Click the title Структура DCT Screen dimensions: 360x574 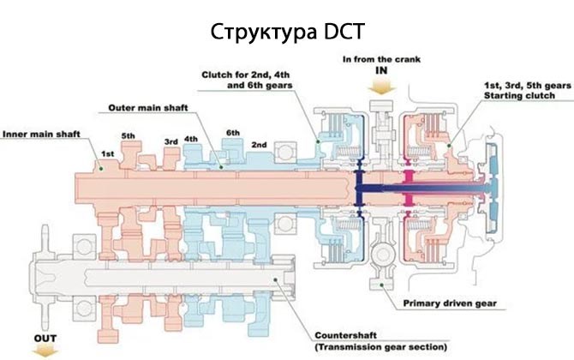coord(287,33)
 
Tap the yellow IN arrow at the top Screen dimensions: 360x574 coord(380,86)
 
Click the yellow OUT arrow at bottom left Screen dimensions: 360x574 coord(45,351)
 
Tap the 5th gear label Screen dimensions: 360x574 coord(129,135)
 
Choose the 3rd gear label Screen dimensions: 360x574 coord(170,141)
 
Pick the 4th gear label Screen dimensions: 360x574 coord(191,139)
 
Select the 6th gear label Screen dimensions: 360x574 coord(232,133)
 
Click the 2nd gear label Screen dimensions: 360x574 coord(259,143)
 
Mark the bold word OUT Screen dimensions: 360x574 coord(45,339)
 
